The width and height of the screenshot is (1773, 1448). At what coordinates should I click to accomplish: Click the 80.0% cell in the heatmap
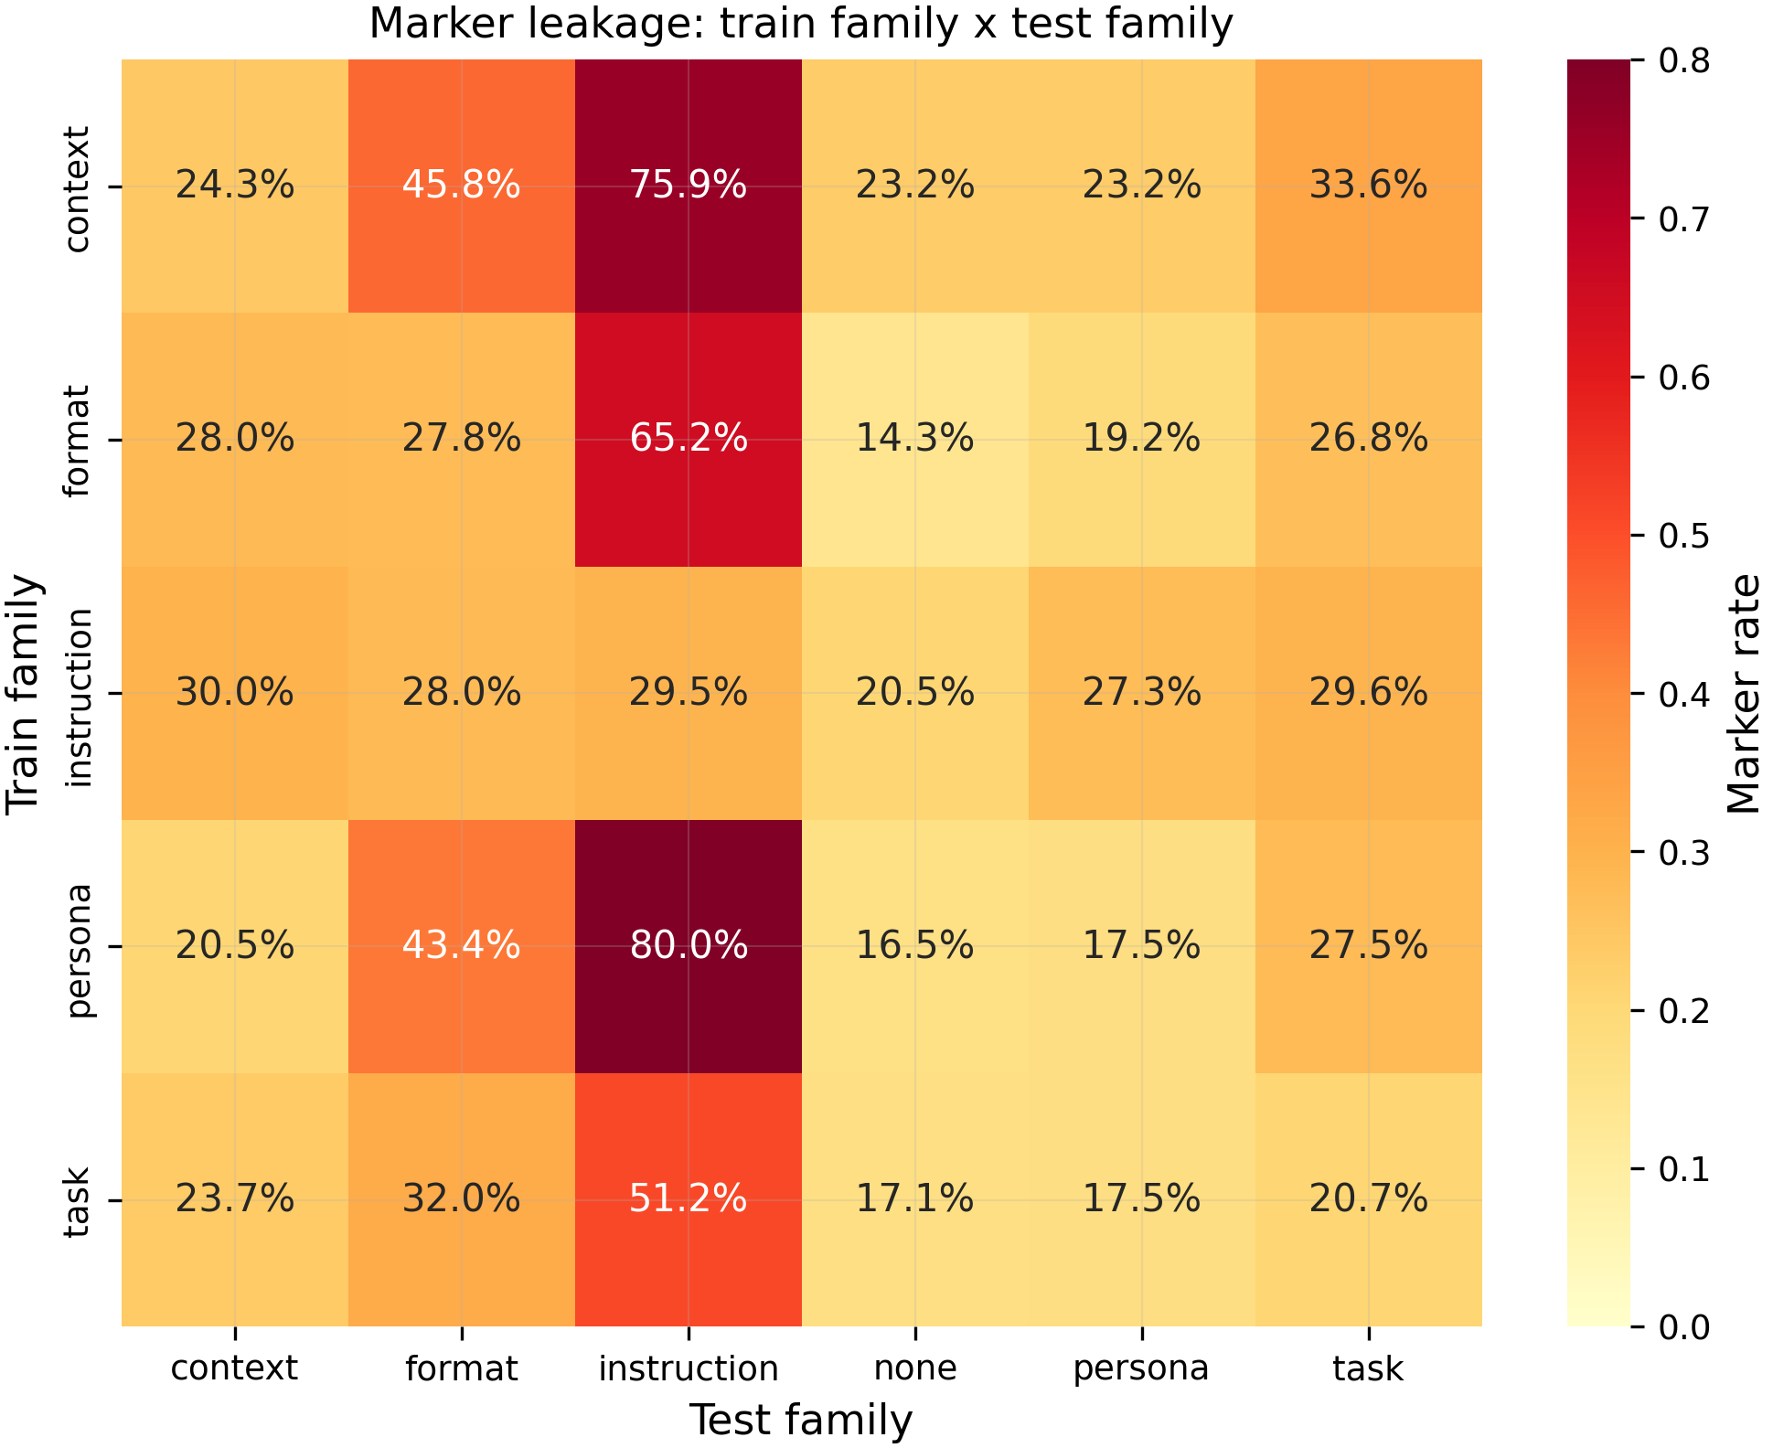tap(689, 946)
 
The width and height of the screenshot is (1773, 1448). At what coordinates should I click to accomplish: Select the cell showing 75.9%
tap(689, 186)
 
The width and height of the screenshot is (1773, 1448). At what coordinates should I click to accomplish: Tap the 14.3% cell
tap(915, 440)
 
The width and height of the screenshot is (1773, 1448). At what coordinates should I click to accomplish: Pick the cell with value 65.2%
tap(689, 440)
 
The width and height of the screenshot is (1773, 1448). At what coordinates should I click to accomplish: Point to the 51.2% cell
tap(689, 1199)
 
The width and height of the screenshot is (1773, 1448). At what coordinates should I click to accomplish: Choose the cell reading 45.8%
tap(462, 186)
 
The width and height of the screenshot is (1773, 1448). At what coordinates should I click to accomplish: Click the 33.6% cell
tap(1369, 186)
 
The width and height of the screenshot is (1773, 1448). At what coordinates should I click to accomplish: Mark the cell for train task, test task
tap(1369, 1199)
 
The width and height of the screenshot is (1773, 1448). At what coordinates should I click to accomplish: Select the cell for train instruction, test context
tap(235, 693)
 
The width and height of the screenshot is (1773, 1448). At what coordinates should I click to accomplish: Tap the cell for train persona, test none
tap(915, 946)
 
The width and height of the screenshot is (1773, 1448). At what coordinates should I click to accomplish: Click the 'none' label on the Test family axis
tap(915, 1368)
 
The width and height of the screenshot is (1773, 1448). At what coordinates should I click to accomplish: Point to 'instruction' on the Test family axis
tap(689, 1368)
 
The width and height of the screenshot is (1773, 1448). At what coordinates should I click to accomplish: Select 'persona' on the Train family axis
tap(80, 951)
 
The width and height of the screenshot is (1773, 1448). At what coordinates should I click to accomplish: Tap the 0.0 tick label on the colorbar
tap(1683, 1326)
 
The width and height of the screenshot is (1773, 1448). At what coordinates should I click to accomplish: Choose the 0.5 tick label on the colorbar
tap(1683, 535)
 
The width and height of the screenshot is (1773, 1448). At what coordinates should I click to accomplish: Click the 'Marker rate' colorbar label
tap(1745, 693)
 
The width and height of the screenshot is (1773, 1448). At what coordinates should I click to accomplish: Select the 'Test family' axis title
tap(801, 1421)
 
